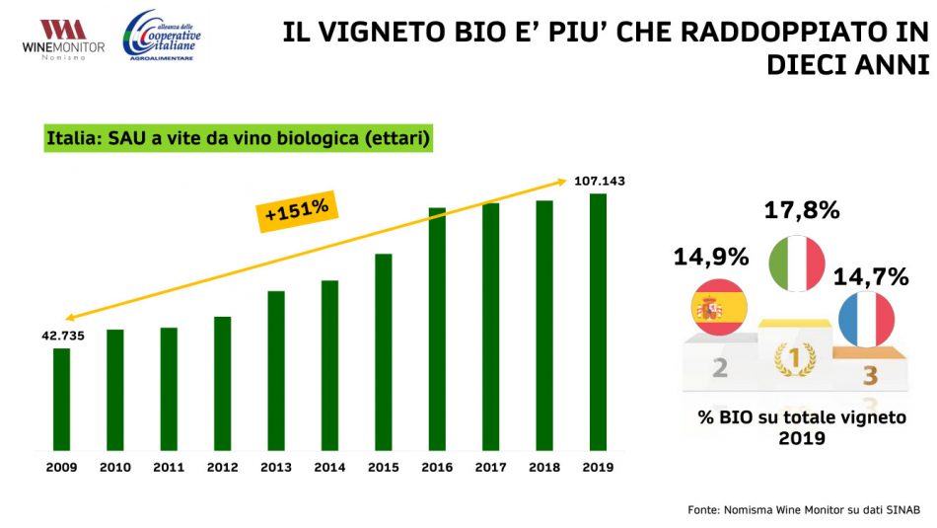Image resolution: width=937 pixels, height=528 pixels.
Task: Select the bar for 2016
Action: click(x=437, y=329)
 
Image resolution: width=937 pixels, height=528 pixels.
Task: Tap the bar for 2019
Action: click(x=598, y=322)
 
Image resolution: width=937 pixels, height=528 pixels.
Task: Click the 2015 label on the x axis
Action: click(x=383, y=467)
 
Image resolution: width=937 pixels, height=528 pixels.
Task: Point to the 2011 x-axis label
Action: click(x=169, y=467)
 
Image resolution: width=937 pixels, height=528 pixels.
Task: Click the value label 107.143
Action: click(x=599, y=181)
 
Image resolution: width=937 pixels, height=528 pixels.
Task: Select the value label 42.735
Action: click(x=63, y=336)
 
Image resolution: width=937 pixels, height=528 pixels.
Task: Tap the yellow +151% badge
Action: click(x=298, y=211)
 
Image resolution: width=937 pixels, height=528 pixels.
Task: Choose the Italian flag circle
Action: click(x=796, y=263)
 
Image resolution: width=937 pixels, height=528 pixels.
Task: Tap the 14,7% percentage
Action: click(x=871, y=276)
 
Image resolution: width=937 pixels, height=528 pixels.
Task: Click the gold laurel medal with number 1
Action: click(x=794, y=359)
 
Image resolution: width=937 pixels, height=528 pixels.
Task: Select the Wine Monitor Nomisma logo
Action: click(x=62, y=38)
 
